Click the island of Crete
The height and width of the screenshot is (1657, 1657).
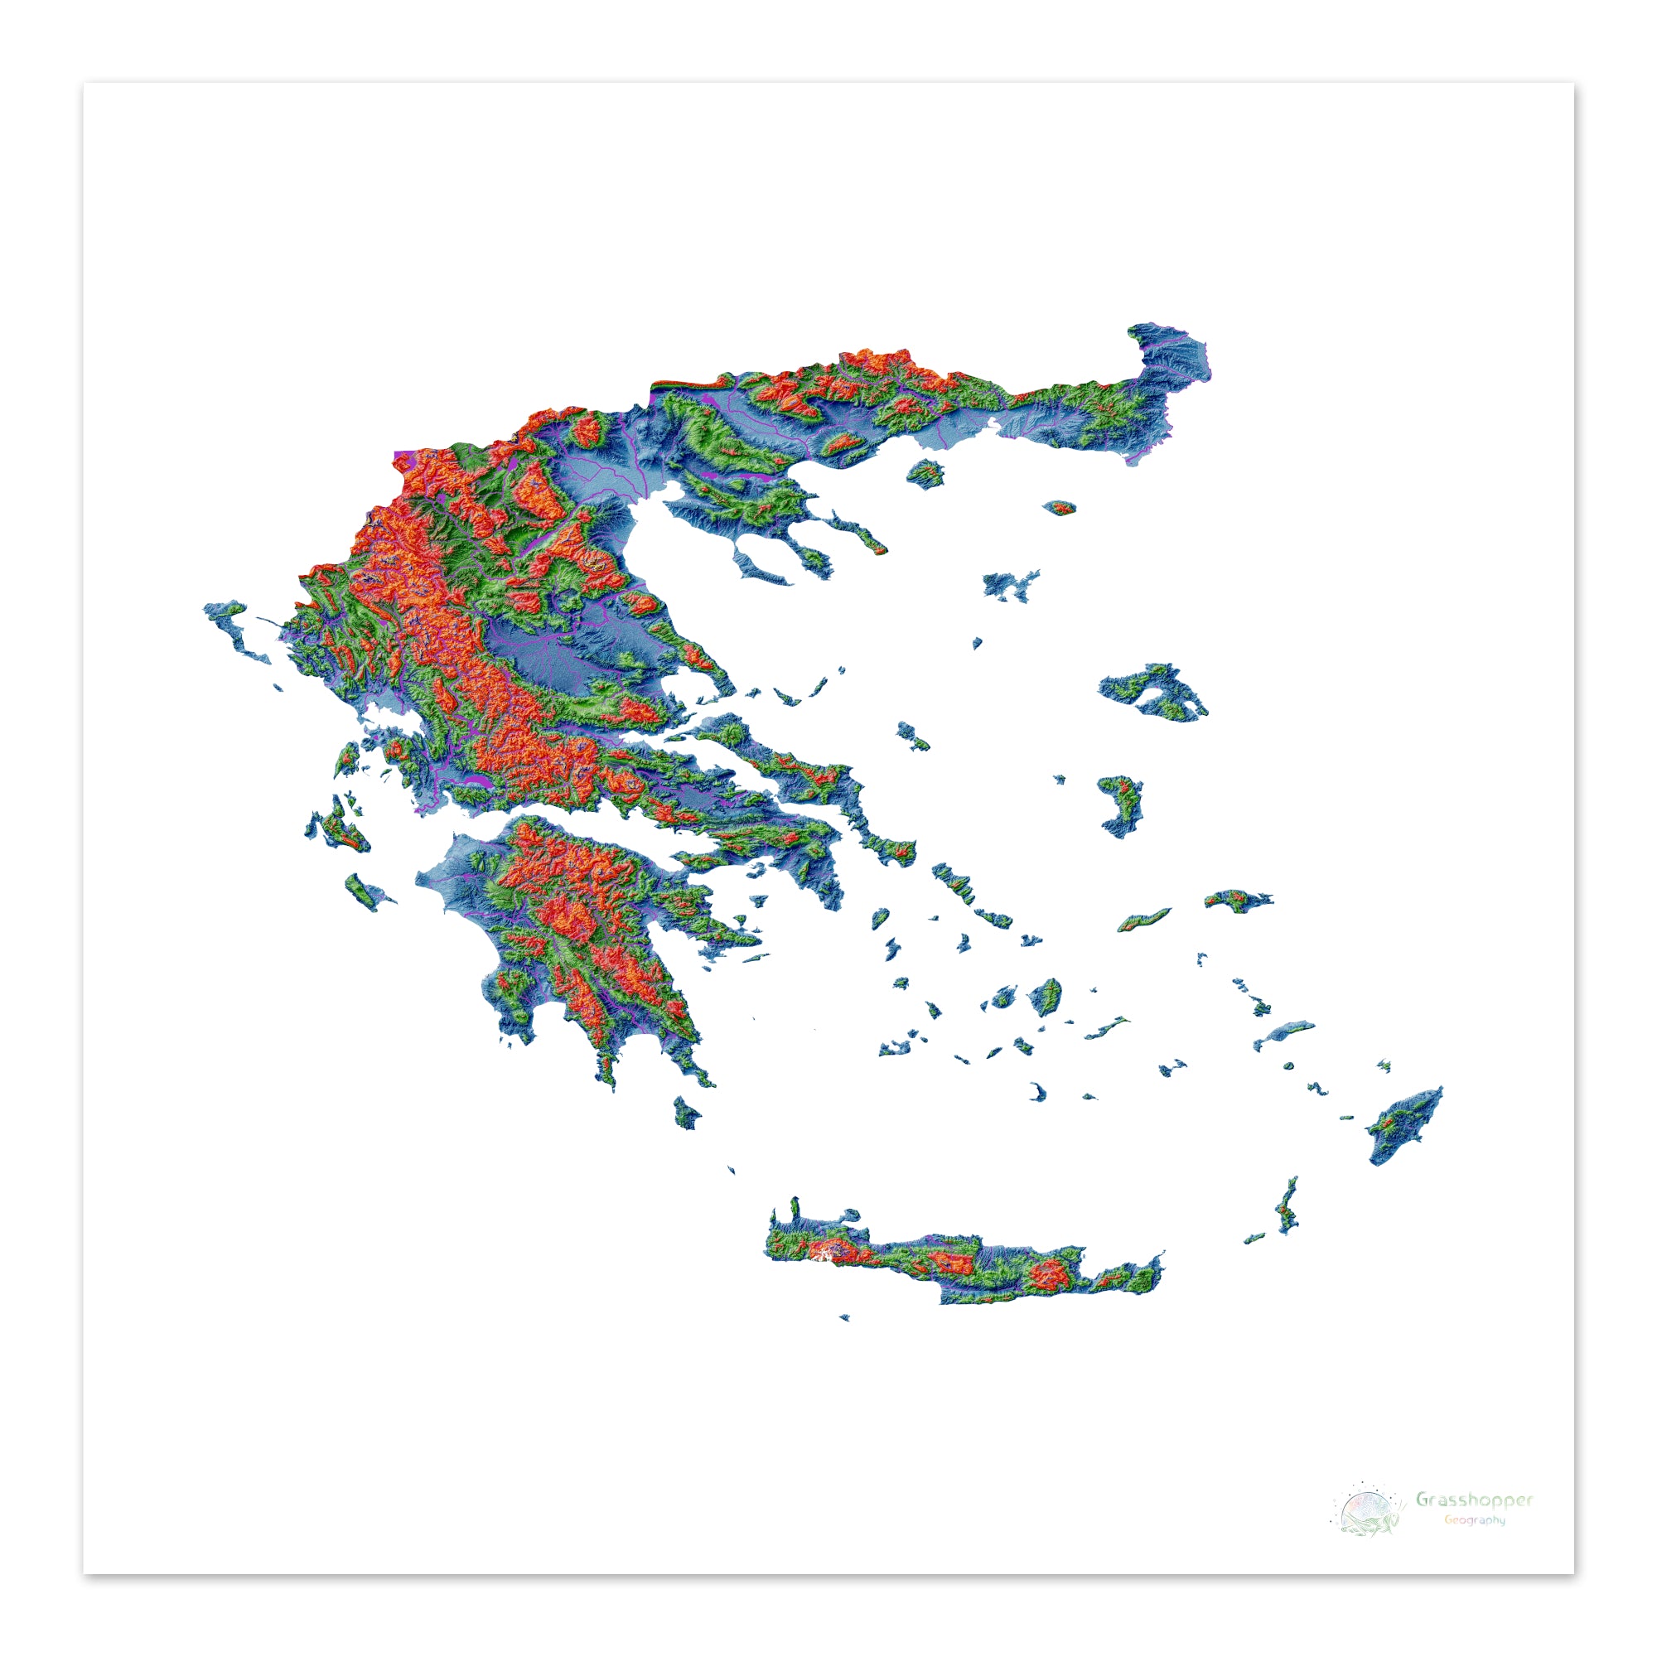pos(960,1263)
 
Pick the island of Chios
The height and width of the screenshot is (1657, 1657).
pos(1122,804)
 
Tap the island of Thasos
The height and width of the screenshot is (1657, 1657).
pos(926,471)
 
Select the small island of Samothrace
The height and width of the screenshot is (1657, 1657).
pos(1062,508)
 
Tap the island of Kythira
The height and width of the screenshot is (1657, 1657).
pos(686,1114)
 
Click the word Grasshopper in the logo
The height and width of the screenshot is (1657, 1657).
pos(1473,1524)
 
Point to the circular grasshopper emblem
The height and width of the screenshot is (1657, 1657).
pos(1365,1533)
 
